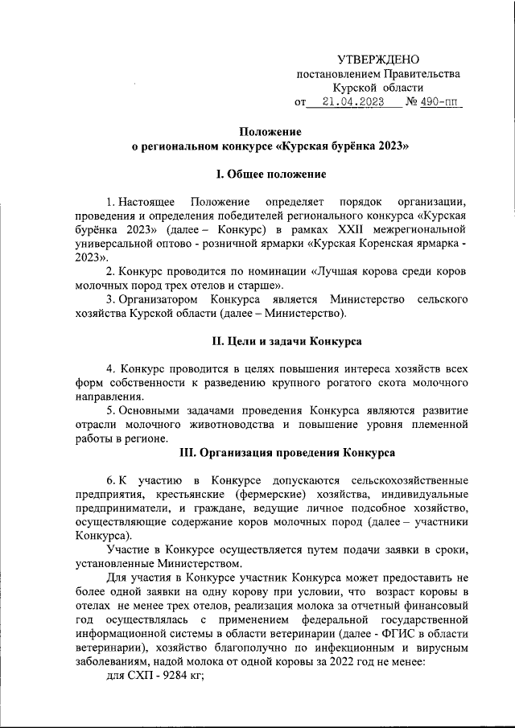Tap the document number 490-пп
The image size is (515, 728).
coord(442,102)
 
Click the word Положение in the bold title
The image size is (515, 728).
coord(270,132)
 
